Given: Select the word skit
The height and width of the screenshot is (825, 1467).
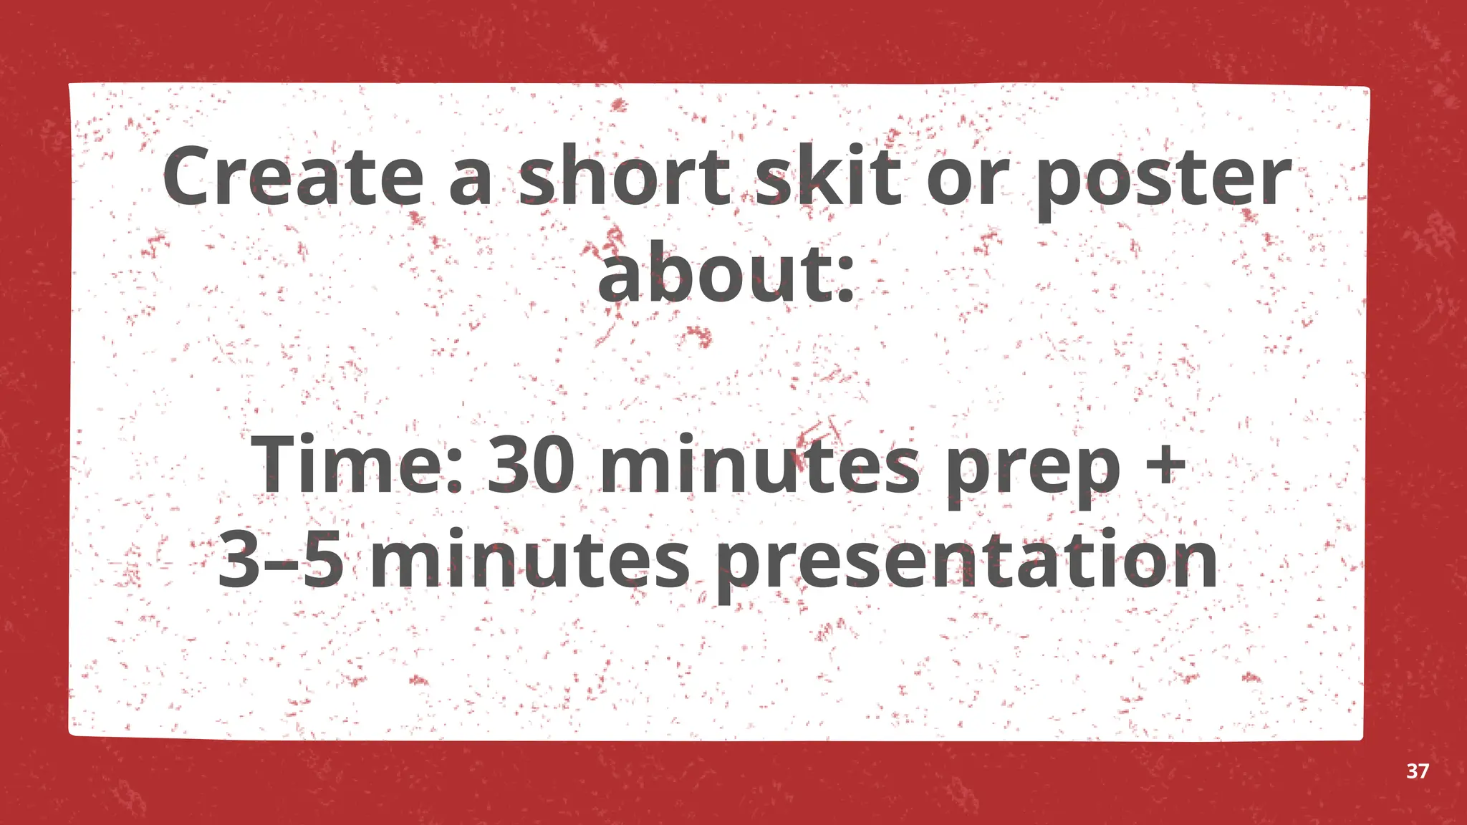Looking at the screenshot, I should coord(828,175).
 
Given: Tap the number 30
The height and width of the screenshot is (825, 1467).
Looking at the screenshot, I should coord(531,466).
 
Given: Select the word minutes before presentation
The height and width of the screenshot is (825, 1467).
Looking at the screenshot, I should coord(530,560).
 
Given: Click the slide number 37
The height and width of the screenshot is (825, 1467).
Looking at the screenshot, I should coord(1418,771).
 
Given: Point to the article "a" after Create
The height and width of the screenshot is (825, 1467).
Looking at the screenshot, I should coord(471,183).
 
